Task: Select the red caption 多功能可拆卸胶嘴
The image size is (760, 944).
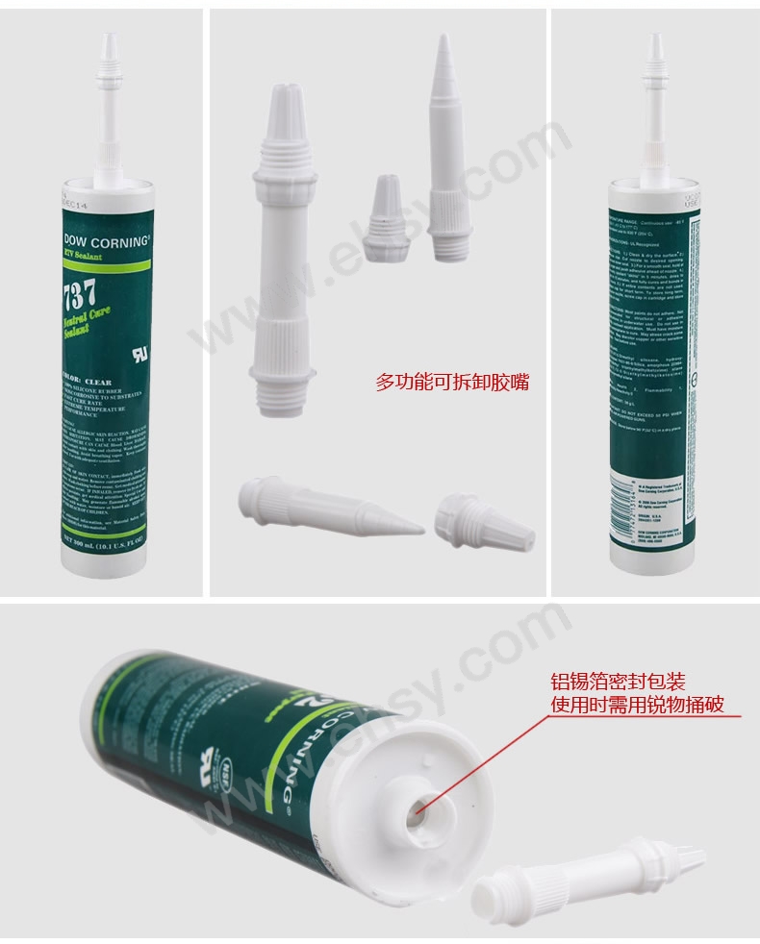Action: (451, 383)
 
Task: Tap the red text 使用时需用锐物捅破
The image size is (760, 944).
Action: (637, 707)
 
